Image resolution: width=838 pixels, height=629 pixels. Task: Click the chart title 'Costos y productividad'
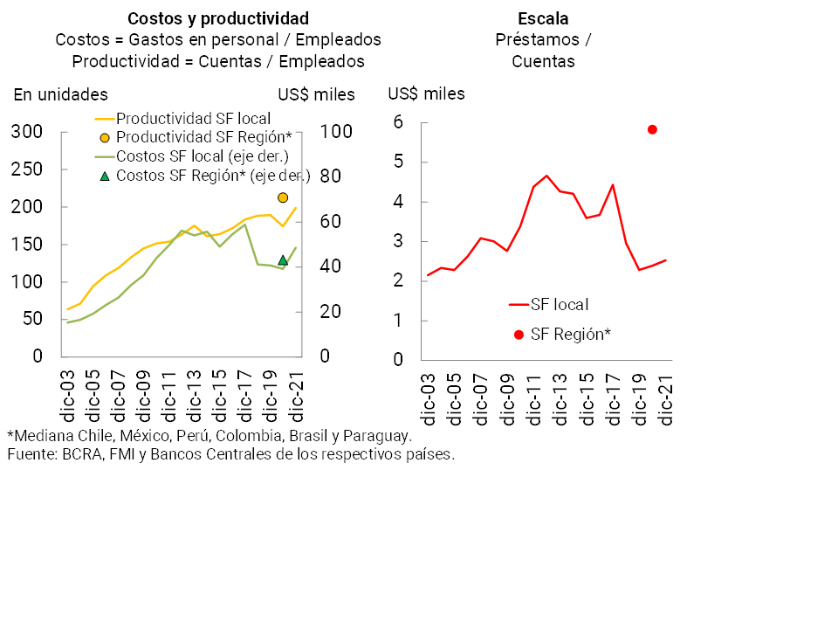pos(217,18)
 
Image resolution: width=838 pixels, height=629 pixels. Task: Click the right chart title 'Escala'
pos(543,18)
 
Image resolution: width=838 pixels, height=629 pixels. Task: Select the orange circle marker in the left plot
pos(283,197)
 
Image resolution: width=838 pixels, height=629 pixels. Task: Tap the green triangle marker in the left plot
pos(283,259)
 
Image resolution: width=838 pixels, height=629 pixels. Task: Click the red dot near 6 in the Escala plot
pos(652,129)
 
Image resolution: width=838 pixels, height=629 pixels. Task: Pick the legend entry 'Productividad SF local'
pos(193,118)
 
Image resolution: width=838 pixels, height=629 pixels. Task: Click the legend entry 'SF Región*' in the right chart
pos(570,334)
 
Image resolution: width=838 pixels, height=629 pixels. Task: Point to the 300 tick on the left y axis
pos(26,132)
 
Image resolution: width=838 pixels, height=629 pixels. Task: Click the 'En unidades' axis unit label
pos(60,94)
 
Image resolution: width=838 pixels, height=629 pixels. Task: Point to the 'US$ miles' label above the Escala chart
pos(426,93)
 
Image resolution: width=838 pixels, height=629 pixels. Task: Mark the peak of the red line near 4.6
pos(546,176)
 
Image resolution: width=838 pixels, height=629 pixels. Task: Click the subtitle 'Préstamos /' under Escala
pos(543,40)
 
